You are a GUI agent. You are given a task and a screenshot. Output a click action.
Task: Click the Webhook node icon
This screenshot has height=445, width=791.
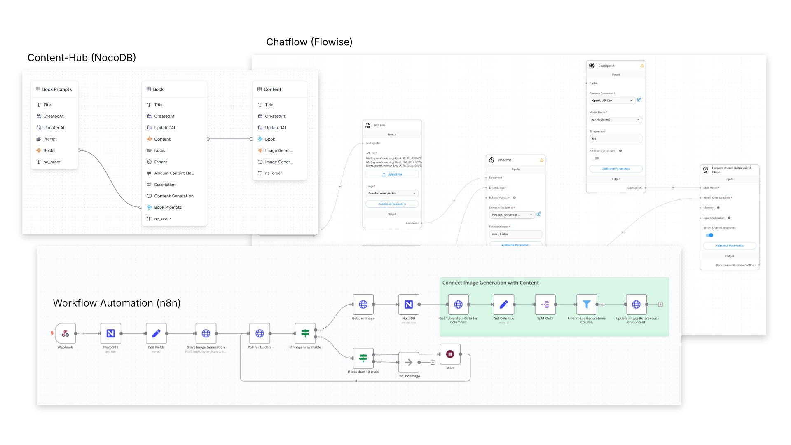[x=65, y=333]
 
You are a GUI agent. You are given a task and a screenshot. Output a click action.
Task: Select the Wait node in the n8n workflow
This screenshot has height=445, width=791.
[x=450, y=354]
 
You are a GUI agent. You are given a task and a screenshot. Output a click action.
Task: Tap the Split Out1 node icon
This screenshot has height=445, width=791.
[x=545, y=304]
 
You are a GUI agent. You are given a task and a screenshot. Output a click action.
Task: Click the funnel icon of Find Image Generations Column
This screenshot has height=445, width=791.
[x=586, y=304]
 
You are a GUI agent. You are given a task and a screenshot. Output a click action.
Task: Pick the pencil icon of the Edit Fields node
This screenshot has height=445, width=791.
[x=156, y=333]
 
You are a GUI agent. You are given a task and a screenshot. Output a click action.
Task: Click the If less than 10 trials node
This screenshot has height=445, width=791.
[x=363, y=358]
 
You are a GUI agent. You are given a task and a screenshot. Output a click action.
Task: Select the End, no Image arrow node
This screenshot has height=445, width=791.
[x=408, y=363]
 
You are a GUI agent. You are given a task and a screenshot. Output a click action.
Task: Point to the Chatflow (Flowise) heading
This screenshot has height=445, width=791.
[x=309, y=42]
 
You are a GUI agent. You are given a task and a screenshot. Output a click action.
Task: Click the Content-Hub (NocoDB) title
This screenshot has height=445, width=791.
[x=82, y=58]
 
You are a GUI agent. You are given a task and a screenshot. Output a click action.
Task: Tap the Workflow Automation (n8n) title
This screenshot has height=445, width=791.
[x=117, y=303]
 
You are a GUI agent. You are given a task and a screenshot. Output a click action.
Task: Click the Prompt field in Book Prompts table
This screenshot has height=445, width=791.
[x=50, y=139]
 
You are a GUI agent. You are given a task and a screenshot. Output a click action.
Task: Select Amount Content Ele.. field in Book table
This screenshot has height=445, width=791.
[x=173, y=173]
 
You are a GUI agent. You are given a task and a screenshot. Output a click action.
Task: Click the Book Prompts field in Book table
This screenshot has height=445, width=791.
[x=168, y=208]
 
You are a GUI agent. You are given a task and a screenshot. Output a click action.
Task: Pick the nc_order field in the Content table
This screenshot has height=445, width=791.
[x=273, y=173]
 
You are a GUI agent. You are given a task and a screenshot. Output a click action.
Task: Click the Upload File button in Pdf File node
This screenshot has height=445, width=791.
[x=392, y=175]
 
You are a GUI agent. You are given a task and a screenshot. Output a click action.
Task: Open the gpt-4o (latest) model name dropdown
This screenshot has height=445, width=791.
[x=615, y=120]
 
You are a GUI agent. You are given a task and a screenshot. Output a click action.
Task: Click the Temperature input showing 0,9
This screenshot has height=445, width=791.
[x=615, y=139]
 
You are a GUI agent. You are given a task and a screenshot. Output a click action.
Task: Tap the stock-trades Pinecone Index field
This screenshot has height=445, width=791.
[x=515, y=234]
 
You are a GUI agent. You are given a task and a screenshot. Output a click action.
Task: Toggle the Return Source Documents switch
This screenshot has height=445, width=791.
[x=709, y=235]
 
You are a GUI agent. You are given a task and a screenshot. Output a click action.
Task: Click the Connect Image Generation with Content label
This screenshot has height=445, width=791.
[x=490, y=283]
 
